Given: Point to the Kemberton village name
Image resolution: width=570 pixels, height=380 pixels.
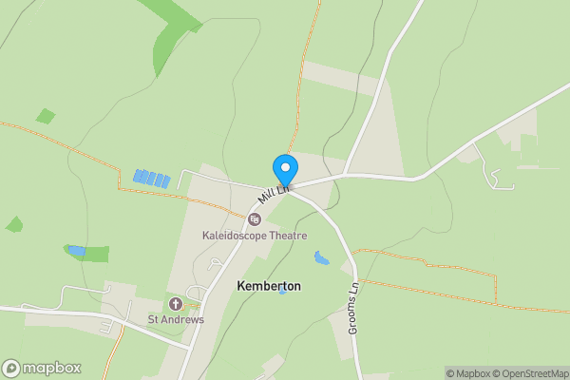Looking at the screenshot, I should pos(268,286).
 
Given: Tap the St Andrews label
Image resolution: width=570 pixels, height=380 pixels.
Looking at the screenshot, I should pos(175,319).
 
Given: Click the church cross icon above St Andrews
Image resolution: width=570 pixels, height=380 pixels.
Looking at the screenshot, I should pos(175,304).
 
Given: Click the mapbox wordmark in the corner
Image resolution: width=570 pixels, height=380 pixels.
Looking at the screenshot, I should pos(52,369).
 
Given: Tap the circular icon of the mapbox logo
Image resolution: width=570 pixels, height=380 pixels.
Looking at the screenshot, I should pos(11,369).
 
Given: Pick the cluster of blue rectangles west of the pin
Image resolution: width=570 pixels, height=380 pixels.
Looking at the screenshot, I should pos(151,178).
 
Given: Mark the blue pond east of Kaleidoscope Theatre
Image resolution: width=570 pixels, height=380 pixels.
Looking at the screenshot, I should pos(322,256).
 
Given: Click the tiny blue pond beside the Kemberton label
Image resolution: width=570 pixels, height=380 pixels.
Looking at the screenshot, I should pos(282,292).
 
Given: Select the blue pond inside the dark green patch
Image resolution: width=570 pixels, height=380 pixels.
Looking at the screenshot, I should pos(76,252).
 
